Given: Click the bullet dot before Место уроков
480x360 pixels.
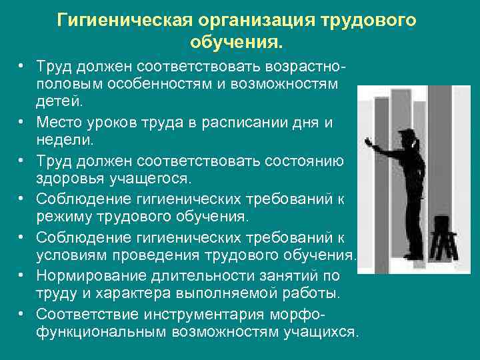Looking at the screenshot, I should coord(21,123).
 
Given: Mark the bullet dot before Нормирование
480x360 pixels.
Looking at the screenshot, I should coord(21,275).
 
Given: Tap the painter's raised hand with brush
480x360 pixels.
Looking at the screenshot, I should coord(371,142).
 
